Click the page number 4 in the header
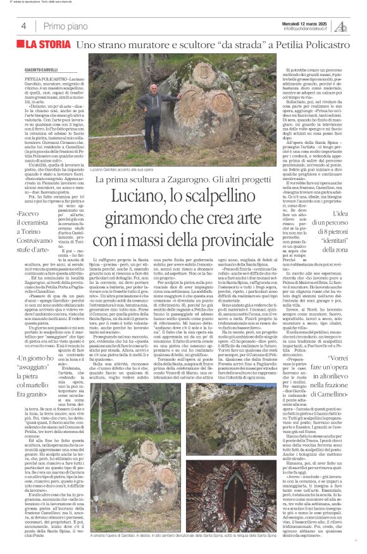coord(23,25)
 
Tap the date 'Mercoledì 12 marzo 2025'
coord(307,22)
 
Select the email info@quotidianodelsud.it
coord(308,28)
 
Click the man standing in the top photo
coord(152,98)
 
